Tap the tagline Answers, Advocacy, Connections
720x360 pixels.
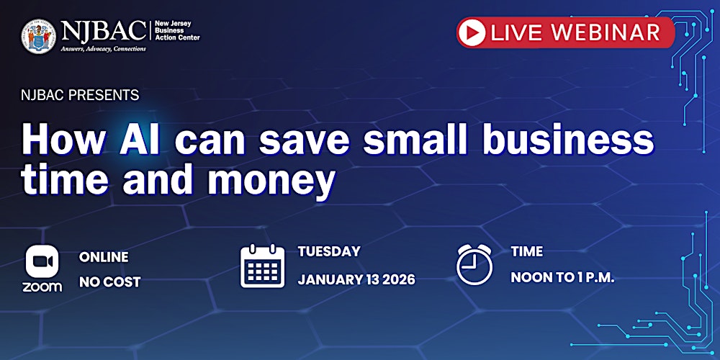pyautogui.click(x=103, y=49)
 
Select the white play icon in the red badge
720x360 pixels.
pyautogui.click(x=472, y=32)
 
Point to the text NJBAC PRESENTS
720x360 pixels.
pyautogui.click(x=80, y=95)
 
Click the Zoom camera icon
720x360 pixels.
pyautogui.click(x=42, y=261)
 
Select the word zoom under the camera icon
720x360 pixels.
pyautogui.click(x=42, y=286)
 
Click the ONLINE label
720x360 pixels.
pyautogui.click(x=104, y=257)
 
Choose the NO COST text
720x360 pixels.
pyautogui.click(x=109, y=282)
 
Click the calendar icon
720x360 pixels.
pyautogui.click(x=263, y=266)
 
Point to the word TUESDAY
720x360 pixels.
pyautogui.click(x=329, y=252)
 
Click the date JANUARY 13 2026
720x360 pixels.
pyautogui.click(x=356, y=279)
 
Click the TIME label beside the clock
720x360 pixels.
pyautogui.click(x=526, y=252)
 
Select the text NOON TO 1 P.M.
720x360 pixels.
pyautogui.click(x=562, y=278)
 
